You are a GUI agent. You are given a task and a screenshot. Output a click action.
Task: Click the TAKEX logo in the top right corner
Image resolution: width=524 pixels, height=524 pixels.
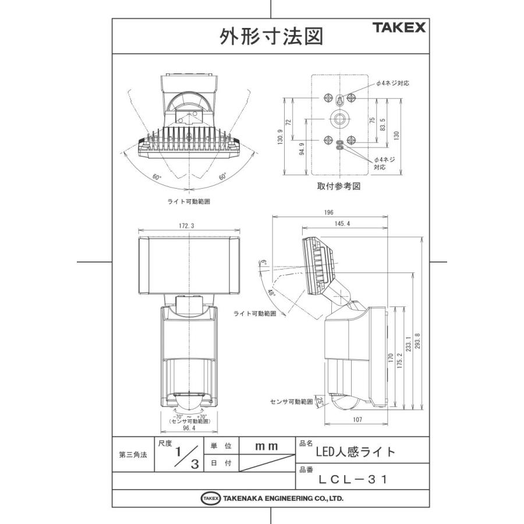pyautogui.click(x=399, y=27)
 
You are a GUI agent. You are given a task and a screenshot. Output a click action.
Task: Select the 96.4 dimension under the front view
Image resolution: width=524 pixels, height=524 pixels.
pyautogui.click(x=189, y=428)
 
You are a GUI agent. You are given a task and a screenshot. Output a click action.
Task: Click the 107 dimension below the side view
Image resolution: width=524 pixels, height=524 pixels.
pyautogui.click(x=356, y=420)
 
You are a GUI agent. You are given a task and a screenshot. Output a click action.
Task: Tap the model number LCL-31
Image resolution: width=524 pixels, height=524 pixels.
pyautogui.click(x=353, y=479)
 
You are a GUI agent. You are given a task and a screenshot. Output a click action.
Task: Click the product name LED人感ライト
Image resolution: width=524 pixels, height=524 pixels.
pyautogui.click(x=355, y=451)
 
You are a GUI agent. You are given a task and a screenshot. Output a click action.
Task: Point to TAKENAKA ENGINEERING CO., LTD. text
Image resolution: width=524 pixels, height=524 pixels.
pyautogui.click(x=283, y=498)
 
